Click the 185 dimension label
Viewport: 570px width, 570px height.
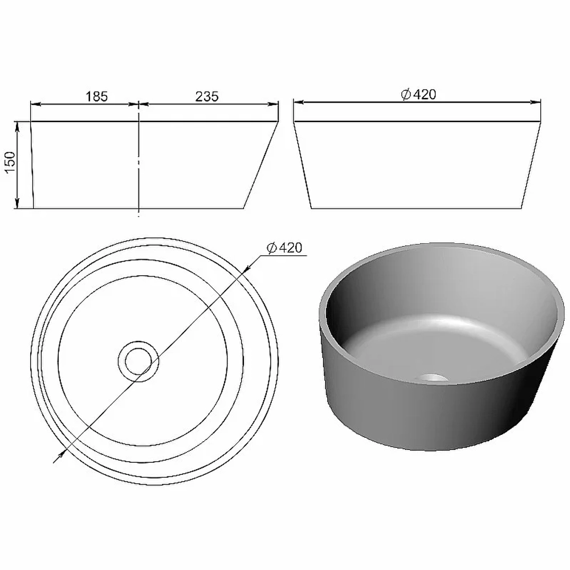tap(97, 96)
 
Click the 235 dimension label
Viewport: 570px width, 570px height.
tap(207, 96)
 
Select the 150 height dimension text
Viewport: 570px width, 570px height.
tap(10, 162)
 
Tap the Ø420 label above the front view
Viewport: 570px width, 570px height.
tap(418, 94)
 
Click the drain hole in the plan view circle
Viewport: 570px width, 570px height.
tap(138, 361)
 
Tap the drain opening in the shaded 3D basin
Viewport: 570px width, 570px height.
tap(431, 378)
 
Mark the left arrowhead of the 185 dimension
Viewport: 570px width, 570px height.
tap(36, 104)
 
